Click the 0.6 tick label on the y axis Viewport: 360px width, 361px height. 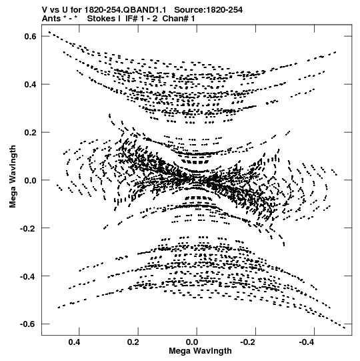pos(31,37)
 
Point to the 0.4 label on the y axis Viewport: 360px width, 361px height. pos(31,85)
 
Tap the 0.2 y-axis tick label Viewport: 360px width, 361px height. pos(31,132)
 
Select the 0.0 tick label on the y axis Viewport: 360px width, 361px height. pos(31,180)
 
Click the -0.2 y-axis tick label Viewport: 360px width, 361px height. pos(28,228)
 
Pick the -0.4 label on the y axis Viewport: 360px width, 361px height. pos(28,276)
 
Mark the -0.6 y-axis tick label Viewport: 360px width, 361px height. pos(28,324)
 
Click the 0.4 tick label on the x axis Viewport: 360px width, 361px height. pos(75,342)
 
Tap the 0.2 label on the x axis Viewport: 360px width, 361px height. pos(133,342)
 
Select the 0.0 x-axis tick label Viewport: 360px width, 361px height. pos(192,342)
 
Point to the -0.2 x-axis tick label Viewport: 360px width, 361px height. pos(249,342)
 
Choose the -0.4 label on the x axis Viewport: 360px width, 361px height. pos(307,342)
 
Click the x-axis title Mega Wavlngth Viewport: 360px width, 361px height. pos(201,351)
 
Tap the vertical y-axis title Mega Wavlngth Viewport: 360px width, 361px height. pos(13,177)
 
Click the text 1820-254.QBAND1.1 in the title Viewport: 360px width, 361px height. pos(125,10)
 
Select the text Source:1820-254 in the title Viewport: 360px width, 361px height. pos(209,10)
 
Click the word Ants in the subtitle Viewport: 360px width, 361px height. pos(51,19)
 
